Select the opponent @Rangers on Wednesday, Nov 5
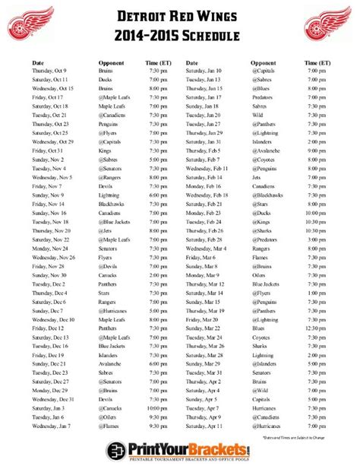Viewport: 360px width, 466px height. click(x=111, y=177)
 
